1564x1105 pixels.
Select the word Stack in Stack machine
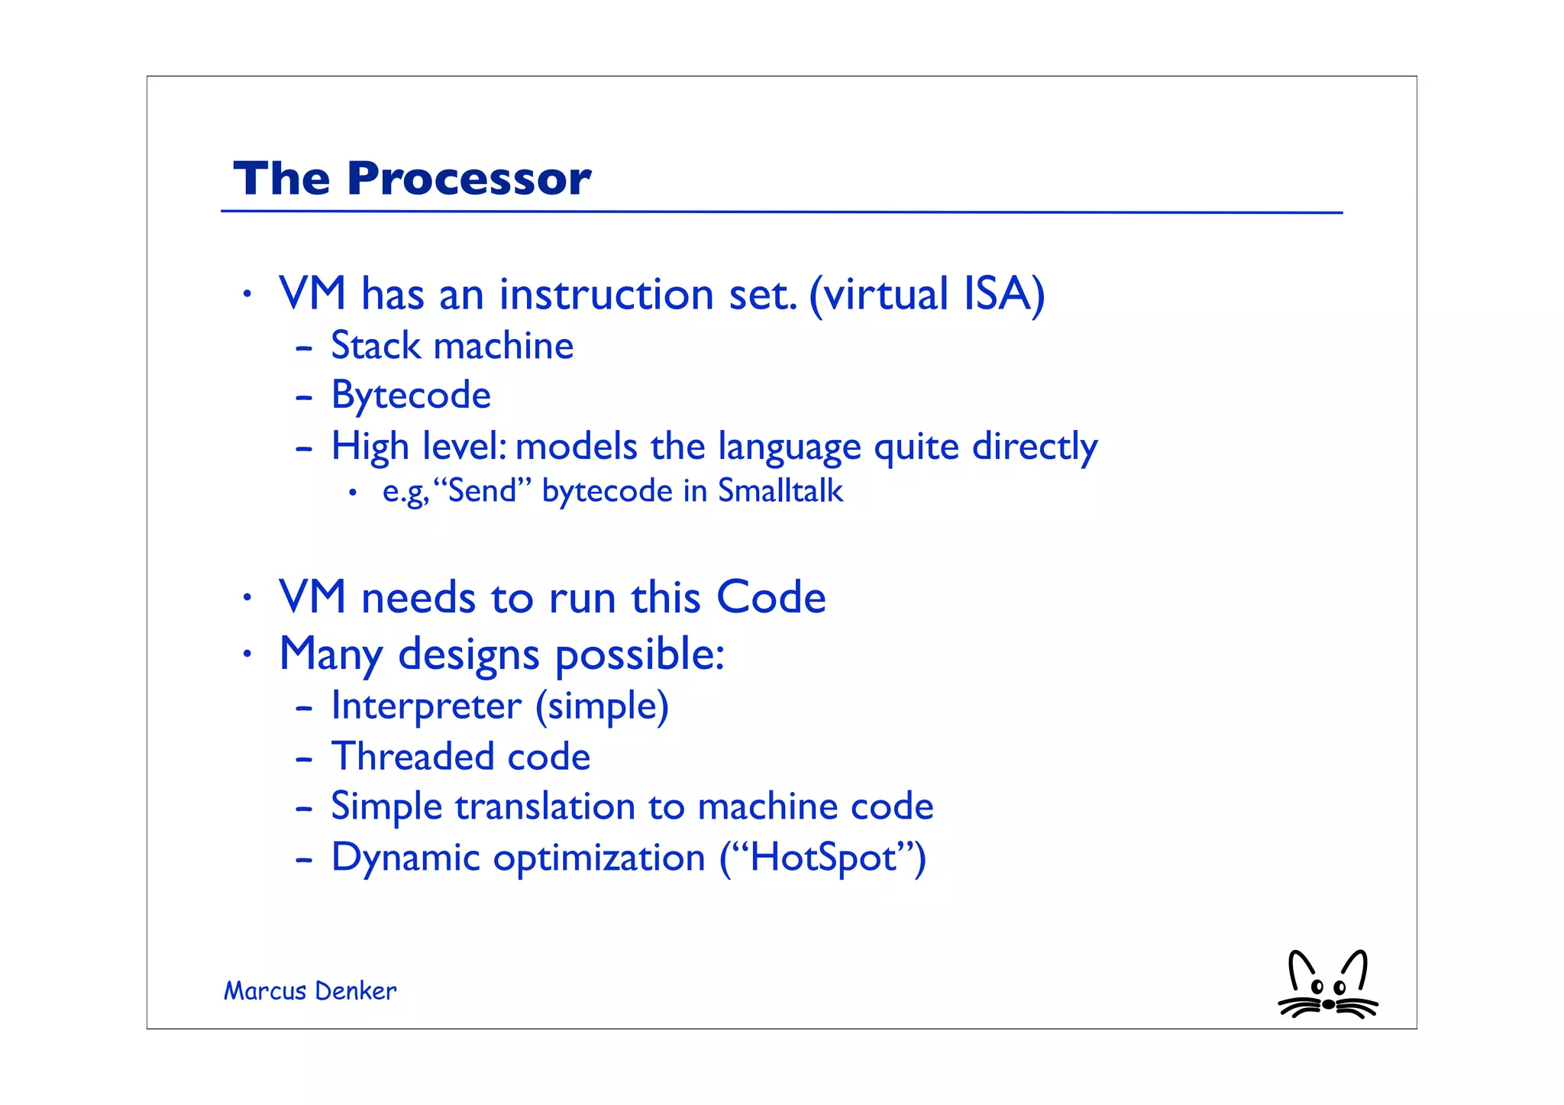375,346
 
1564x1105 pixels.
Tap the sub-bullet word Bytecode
410,396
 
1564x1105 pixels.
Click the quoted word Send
483,491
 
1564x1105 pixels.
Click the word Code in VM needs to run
771,597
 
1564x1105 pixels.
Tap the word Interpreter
426,706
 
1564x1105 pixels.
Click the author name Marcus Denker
310,991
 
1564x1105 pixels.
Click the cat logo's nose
1328,1004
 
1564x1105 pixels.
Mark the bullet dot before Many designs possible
246,654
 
